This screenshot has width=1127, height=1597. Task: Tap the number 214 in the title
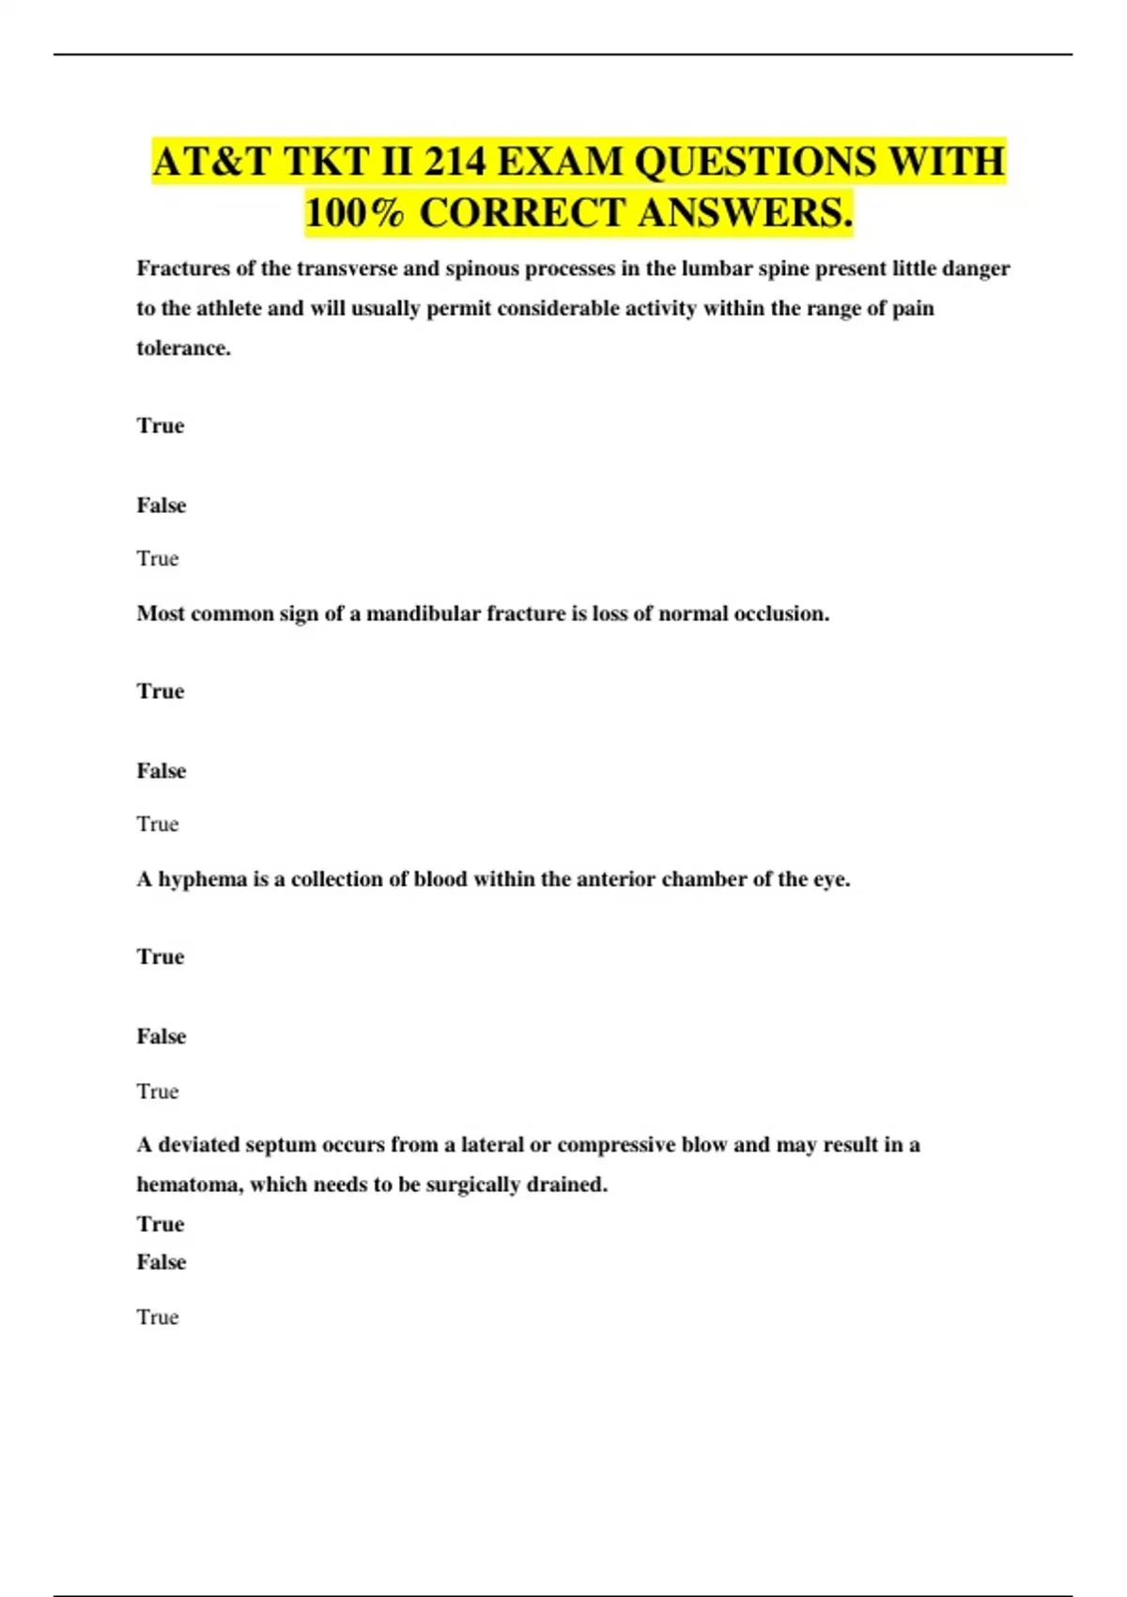pyautogui.click(x=455, y=162)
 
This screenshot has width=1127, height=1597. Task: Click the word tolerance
pyautogui.click(x=182, y=348)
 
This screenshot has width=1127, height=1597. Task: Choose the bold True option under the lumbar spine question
pyautogui.click(x=161, y=426)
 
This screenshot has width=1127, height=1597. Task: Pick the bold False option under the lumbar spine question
pyautogui.click(x=162, y=505)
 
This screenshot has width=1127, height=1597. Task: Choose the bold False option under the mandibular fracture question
pyautogui.click(x=162, y=771)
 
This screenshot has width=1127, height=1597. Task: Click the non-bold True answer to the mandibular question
pyautogui.click(x=158, y=824)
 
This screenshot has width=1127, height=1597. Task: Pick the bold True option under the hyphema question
pyautogui.click(x=161, y=957)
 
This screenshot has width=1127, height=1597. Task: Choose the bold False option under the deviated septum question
pyautogui.click(x=162, y=1263)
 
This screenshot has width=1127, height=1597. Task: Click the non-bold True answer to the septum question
pyautogui.click(x=158, y=1317)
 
